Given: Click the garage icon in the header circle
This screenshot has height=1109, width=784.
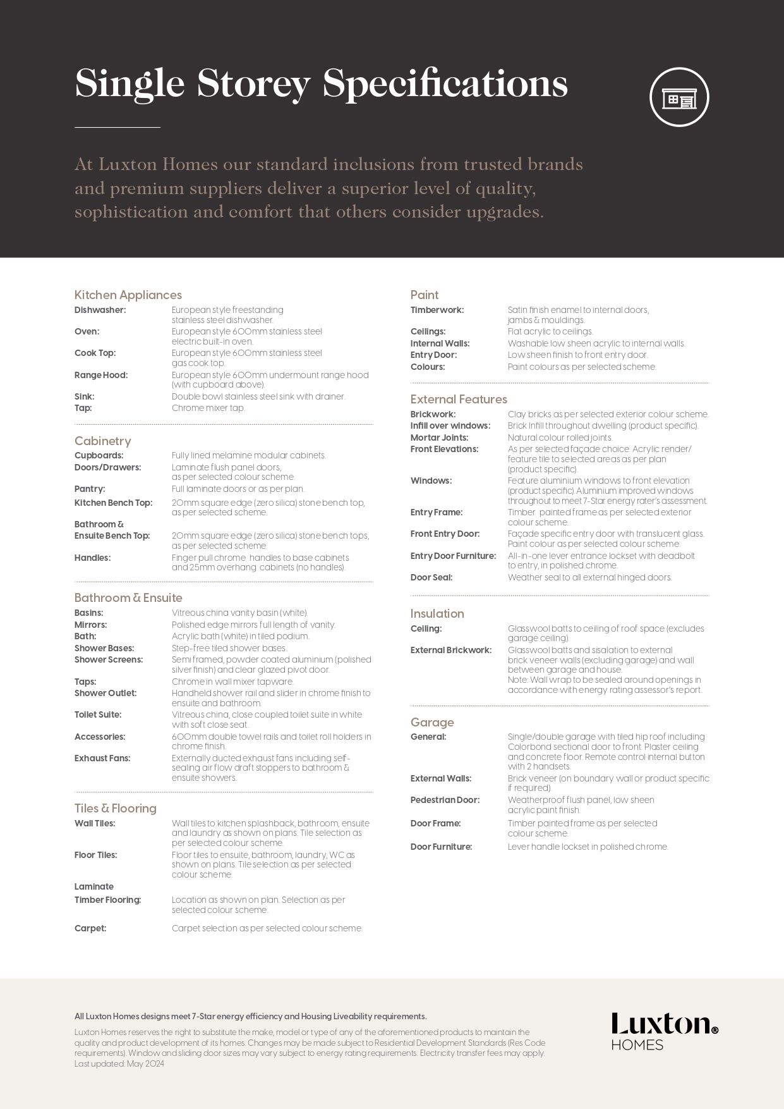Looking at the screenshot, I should click(679, 97).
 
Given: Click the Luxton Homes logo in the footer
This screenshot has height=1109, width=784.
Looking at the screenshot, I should click(664, 1031).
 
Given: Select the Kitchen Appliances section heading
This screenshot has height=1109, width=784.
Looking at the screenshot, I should click(128, 295).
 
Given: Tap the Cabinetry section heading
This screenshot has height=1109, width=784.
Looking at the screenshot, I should click(102, 441).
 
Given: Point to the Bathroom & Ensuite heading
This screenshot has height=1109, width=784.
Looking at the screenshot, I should click(128, 597).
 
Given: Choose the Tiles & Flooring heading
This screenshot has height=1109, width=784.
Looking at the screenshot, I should click(115, 808).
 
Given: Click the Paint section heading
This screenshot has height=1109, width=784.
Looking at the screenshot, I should click(424, 295).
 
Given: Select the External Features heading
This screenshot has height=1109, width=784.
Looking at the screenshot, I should click(459, 399).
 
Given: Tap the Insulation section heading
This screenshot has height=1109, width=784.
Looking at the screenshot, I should click(437, 613).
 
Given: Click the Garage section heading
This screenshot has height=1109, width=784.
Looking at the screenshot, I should click(431, 722).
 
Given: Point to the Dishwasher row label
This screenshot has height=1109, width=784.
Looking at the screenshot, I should click(100, 310).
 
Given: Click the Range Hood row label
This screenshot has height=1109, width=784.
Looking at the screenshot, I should click(100, 375).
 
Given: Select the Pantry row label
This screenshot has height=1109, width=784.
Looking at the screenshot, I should click(90, 489).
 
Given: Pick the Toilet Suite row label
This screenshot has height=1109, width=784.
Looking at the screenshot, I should click(98, 714).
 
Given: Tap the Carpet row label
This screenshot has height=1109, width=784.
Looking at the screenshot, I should click(90, 928).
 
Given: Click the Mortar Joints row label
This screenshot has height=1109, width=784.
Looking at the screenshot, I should click(439, 438).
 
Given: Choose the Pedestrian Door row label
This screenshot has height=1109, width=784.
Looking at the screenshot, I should click(445, 800).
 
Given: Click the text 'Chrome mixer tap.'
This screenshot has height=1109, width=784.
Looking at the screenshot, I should click(208, 408).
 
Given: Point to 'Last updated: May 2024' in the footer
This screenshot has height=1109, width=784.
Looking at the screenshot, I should click(119, 1063).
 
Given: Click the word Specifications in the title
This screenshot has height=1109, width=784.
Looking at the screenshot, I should click(445, 84).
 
